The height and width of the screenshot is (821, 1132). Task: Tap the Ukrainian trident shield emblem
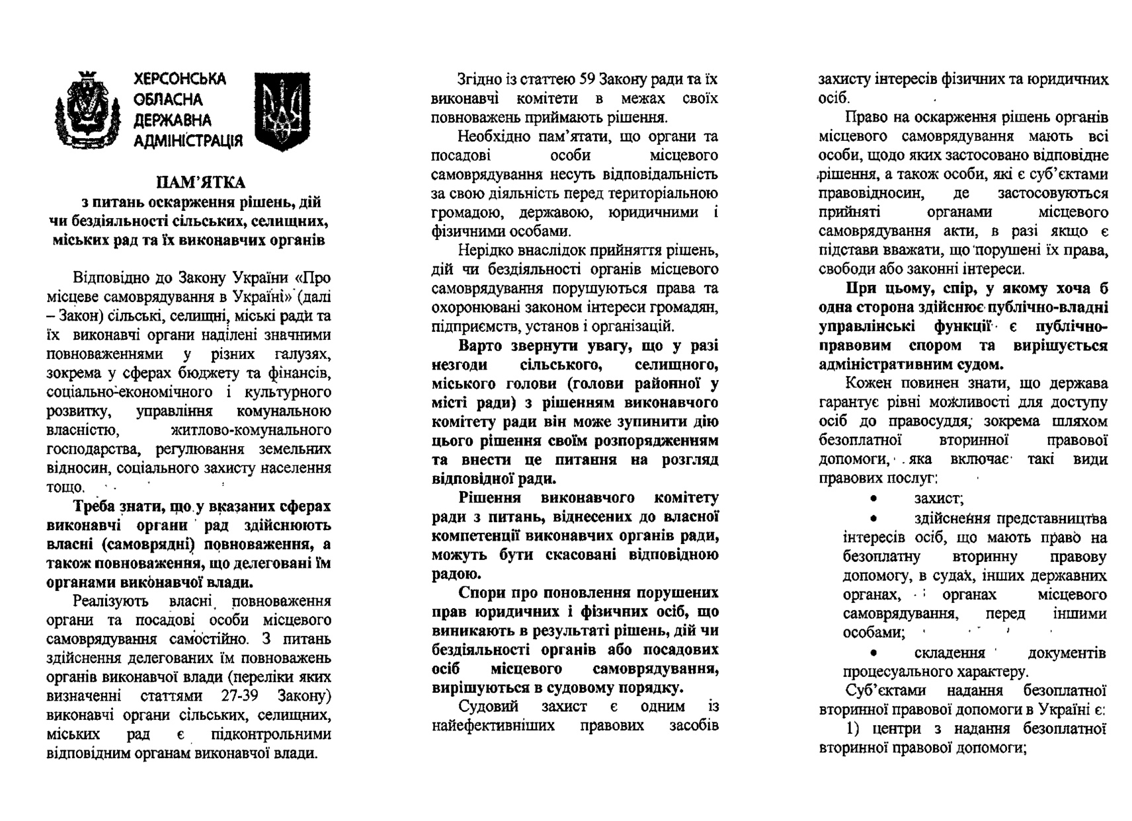[282, 111]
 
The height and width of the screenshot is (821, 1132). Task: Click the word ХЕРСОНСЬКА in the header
[180, 80]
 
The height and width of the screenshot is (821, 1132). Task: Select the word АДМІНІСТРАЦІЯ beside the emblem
[188, 141]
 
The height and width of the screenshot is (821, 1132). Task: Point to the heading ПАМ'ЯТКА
[200, 182]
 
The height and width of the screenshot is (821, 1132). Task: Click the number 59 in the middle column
[586, 80]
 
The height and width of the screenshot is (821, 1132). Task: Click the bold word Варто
[481, 346]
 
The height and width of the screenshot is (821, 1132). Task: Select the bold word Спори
[483, 592]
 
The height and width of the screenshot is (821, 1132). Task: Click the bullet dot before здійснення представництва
[875, 519]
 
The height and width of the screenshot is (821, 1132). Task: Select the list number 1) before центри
[856, 729]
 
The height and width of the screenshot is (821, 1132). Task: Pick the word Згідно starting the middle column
[479, 80]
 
